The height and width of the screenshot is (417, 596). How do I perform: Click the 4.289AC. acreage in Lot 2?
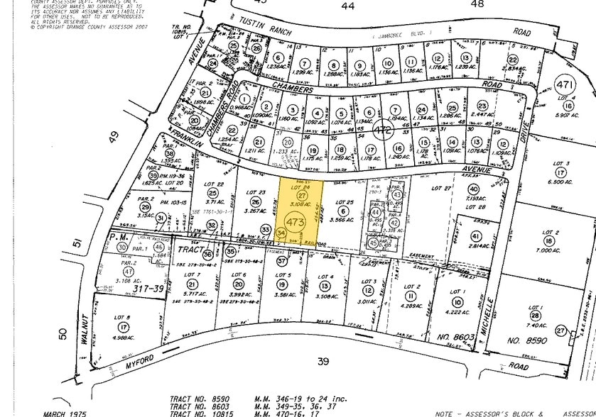[411, 306]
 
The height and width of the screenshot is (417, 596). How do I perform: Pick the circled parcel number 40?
[473, 188]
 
